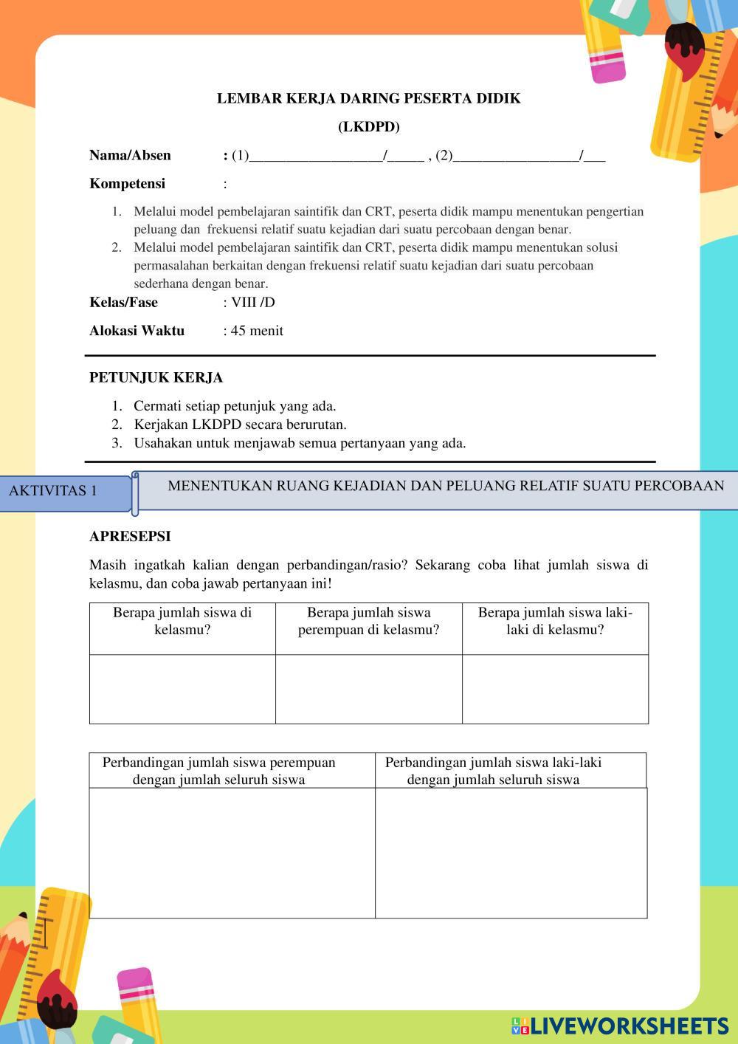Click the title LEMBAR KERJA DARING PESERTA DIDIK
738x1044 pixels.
[x=368, y=98]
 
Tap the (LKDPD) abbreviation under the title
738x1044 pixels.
[x=368, y=127]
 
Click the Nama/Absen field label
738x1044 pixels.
[x=130, y=155]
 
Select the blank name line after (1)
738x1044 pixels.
[x=316, y=157]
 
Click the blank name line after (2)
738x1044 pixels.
[x=516, y=157]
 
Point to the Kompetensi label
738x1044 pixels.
[x=127, y=183]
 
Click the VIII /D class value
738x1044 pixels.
[x=252, y=302]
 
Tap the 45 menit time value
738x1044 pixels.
[x=256, y=331]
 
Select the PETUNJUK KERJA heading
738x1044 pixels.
[x=156, y=377]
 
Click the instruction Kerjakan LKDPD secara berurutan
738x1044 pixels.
[x=240, y=425]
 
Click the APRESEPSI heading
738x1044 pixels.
[x=130, y=536]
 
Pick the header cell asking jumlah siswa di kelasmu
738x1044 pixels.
[x=182, y=621]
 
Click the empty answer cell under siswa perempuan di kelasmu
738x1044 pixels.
[x=368, y=689]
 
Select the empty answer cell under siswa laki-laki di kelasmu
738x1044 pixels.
[x=555, y=689]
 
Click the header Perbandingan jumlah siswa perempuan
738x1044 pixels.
[x=219, y=771]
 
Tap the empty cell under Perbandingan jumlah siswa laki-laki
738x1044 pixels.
[x=511, y=853]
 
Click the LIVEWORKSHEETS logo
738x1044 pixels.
[x=620, y=1026]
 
